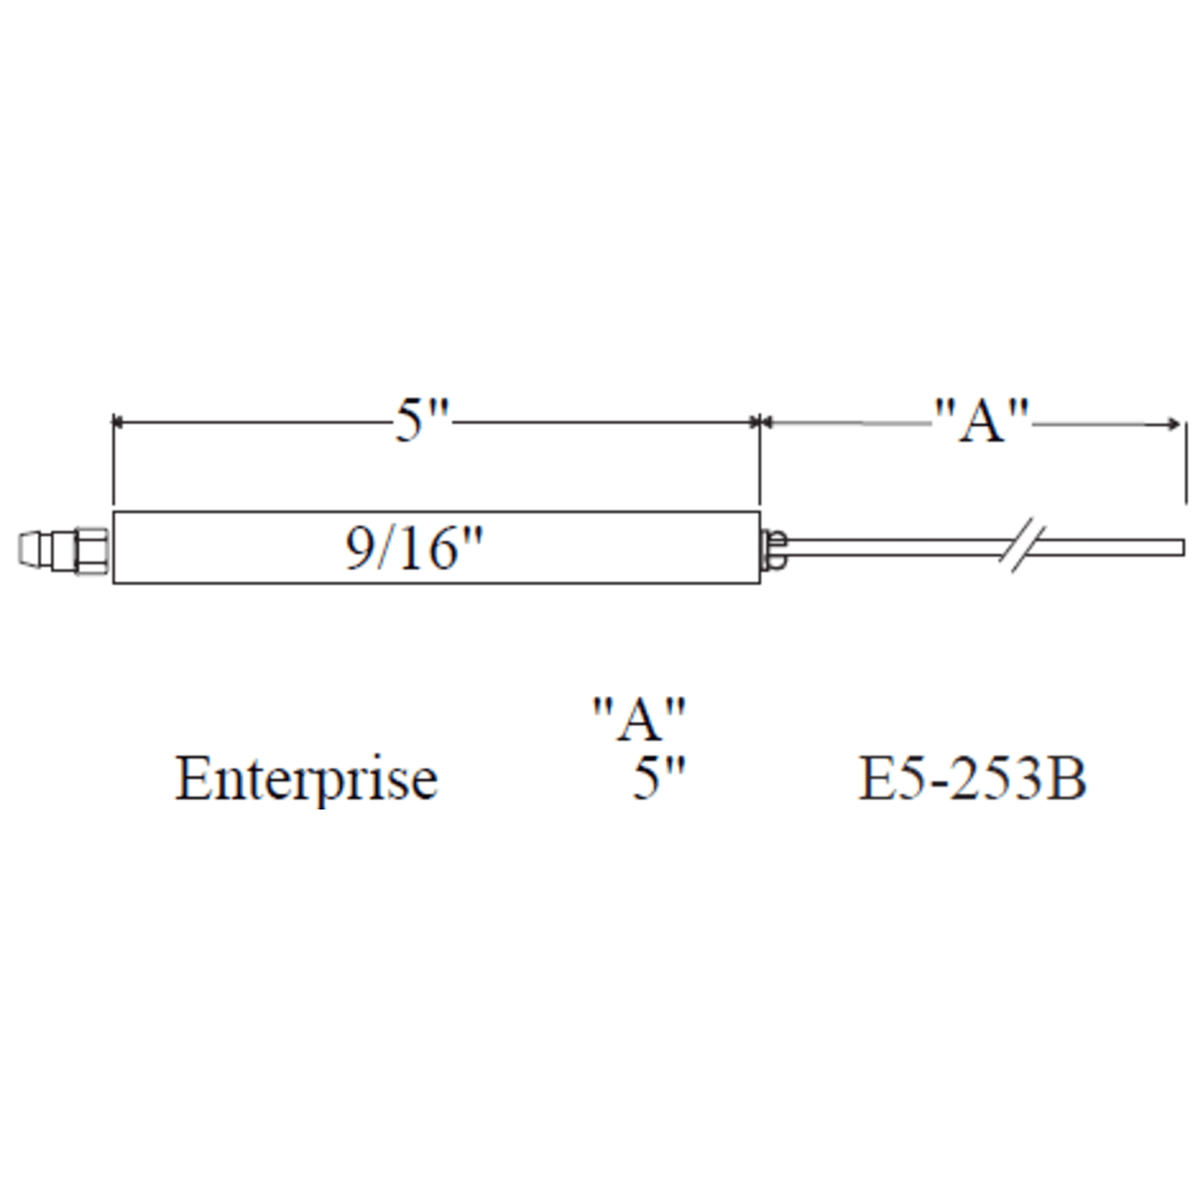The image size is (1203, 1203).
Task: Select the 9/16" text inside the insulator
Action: [x=414, y=549]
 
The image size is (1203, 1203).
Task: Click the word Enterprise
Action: [x=306, y=780]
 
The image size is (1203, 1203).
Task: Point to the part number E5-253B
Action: [x=972, y=780]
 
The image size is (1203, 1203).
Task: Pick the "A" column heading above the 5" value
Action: [x=639, y=719]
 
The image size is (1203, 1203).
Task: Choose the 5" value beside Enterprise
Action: [x=657, y=780]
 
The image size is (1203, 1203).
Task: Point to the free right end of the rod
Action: [x=1180, y=547]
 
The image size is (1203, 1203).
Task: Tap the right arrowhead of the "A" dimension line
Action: [x=1175, y=424]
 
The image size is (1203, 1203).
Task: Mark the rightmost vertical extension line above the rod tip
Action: [x=1185, y=462]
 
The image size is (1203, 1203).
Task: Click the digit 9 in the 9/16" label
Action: [x=359, y=549]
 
